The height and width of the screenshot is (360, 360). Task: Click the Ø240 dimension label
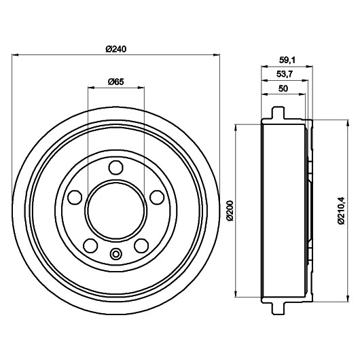[116, 49]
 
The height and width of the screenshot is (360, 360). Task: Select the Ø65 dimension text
[116, 82]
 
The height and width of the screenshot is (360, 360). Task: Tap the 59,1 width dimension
[287, 60]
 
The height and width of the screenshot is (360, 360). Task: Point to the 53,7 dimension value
[285, 74]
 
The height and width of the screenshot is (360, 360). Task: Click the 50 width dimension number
[283, 88]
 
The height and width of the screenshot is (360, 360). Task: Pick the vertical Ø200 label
[230, 211]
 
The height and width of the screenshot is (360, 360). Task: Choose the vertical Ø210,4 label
[342, 210]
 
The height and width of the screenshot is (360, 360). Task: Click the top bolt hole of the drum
[115, 168]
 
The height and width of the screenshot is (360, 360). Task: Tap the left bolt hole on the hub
[75, 197]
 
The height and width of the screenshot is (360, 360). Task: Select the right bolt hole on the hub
[157, 197]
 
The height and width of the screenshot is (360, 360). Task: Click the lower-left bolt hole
[90, 246]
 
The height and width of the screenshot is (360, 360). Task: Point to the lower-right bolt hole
[141, 246]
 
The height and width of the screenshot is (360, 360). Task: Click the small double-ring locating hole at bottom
[116, 254]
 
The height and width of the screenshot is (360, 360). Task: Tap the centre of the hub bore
[115, 210]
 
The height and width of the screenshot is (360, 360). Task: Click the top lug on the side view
[278, 113]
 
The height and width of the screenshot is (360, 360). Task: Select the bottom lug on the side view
[278, 307]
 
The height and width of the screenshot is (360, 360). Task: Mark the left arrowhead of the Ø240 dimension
[15, 55]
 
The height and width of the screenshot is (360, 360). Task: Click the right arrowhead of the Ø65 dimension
[141, 87]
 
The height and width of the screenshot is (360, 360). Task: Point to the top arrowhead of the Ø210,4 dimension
[348, 123]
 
